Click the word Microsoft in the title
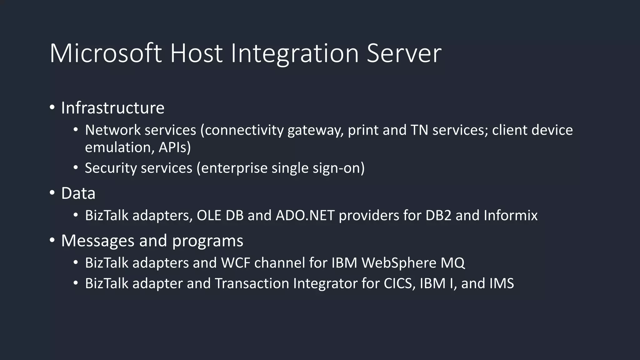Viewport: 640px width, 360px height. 106,53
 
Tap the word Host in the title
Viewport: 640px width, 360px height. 196,53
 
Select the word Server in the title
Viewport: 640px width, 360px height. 404,53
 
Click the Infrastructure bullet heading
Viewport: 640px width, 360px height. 112,108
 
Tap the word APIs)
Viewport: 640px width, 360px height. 174,147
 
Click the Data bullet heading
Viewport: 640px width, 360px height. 78,193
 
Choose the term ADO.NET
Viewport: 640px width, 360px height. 305,215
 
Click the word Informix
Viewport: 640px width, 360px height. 511,215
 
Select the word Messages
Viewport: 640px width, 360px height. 98,241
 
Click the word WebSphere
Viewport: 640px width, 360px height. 399,262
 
